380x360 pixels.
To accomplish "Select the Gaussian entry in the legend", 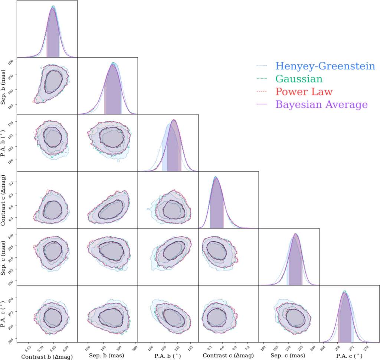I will click(299, 79).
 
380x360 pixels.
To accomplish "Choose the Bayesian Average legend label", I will click(321, 105).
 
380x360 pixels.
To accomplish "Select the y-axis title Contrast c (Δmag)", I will click(6, 200).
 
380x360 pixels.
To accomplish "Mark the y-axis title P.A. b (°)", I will click(6, 143).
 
